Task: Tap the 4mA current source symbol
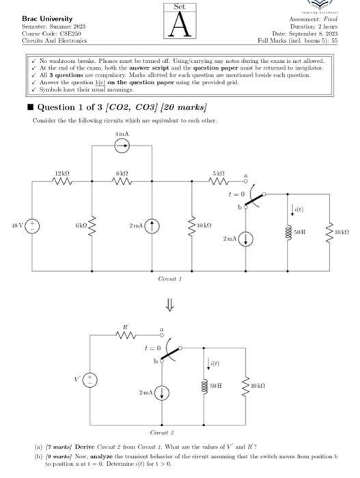coord(120,145)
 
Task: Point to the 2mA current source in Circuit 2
coord(163,393)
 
